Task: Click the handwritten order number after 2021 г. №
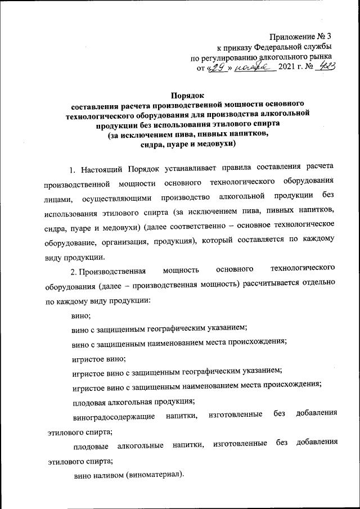click(325, 67)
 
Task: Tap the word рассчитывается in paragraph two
click(273, 286)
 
